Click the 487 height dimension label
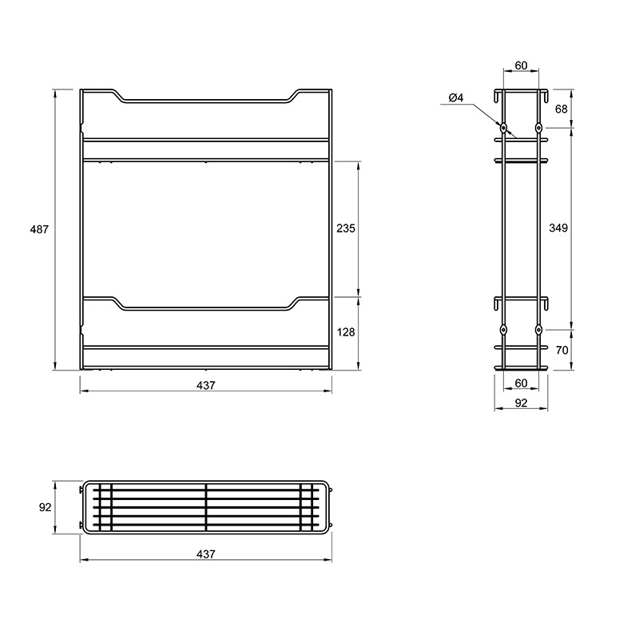[39, 229]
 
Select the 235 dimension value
[346, 228]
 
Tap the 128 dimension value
[346, 332]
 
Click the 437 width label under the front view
[205, 386]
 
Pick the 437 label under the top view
[205, 554]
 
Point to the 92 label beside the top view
[46, 507]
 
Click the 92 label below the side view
[522, 403]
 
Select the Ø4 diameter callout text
[456, 97]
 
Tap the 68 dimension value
[562, 109]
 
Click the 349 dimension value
[558, 228]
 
